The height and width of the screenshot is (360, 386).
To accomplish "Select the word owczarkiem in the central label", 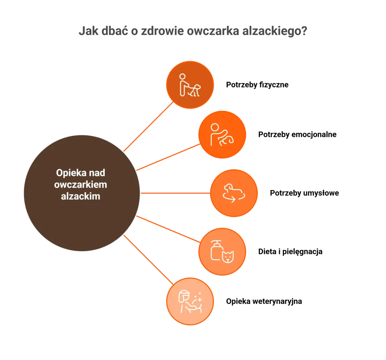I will pos(80,185).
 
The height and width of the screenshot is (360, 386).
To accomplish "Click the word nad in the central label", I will pos(97,173).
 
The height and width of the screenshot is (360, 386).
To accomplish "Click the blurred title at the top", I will pos(193,31).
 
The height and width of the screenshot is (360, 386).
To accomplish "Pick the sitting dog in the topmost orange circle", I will pos(196,90).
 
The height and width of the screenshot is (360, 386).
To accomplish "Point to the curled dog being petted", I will pos(227,140).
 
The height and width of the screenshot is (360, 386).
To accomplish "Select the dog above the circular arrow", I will pos(230,188).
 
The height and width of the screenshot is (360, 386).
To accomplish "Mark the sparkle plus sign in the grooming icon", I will pos(199,299).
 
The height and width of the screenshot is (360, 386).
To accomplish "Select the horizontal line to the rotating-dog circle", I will pos(175,193).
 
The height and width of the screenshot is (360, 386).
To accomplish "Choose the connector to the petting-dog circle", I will pos(168,157).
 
